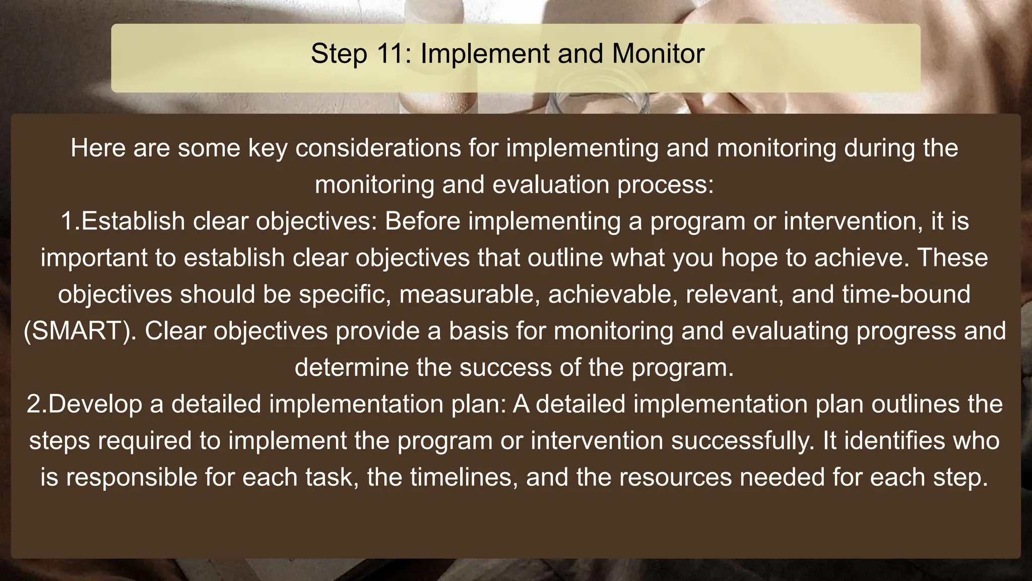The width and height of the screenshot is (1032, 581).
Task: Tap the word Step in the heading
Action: point(339,54)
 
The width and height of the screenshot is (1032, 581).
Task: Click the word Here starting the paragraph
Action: point(98,148)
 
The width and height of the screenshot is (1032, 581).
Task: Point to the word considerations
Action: point(378,148)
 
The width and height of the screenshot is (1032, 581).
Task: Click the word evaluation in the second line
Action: point(551,185)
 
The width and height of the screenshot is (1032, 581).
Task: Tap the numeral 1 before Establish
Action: point(68,221)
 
